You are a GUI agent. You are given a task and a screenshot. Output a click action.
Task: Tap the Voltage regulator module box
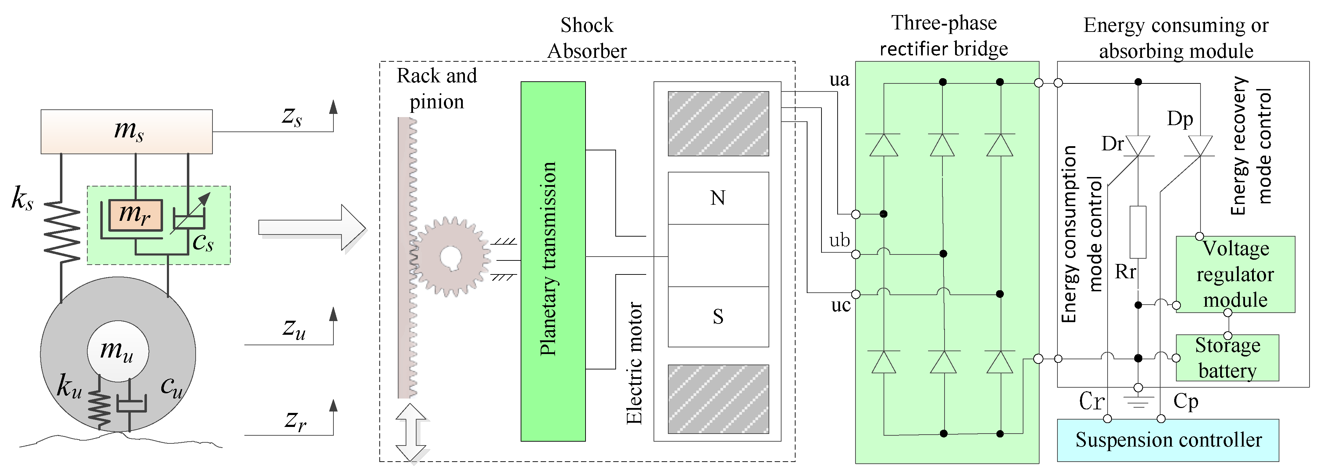click(x=1235, y=274)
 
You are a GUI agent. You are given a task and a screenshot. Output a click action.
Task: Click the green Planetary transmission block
click(x=553, y=261)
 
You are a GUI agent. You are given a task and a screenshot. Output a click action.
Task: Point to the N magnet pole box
click(x=718, y=198)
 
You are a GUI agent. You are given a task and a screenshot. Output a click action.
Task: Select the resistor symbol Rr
click(x=1137, y=232)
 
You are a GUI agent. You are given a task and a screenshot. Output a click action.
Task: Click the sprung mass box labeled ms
click(x=127, y=131)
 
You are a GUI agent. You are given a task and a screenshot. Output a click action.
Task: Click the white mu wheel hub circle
click(x=118, y=351)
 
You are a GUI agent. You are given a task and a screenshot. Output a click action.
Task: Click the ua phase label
click(x=839, y=80)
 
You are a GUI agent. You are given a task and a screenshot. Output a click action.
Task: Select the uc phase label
click(x=840, y=306)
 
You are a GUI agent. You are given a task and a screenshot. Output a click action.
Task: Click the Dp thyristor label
click(x=1180, y=119)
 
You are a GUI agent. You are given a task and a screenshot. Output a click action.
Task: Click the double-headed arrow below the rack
click(x=411, y=433)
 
